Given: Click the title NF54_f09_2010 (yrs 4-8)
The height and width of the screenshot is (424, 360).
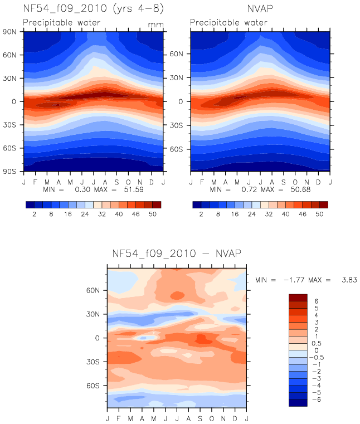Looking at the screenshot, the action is [x=93, y=9].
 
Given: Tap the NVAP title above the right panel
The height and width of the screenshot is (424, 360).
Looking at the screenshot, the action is [x=260, y=9].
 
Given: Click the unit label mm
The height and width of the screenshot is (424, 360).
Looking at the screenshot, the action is [x=155, y=25].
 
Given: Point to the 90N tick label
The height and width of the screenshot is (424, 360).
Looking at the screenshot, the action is [x=9, y=32].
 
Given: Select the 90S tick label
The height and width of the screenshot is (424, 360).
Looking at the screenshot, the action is [x=9, y=172].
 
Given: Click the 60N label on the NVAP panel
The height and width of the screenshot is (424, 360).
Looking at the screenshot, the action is [x=176, y=54].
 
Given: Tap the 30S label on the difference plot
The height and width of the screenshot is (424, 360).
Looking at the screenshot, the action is [x=93, y=362].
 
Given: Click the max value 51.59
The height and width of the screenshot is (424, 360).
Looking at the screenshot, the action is [x=134, y=189].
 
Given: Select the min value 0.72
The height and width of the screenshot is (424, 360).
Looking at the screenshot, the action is [x=249, y=189].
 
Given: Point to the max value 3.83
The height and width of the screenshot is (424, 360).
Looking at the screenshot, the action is [x=349, y=280].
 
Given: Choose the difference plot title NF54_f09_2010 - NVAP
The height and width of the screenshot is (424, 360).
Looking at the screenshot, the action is [x=177, y=254].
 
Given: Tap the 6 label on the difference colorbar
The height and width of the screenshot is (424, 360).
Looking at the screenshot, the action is [x=317, y=301].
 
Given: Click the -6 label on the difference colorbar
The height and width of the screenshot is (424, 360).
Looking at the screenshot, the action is [x=317, y=399].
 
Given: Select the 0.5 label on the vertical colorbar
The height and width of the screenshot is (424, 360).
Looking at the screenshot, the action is [x=317, y=343].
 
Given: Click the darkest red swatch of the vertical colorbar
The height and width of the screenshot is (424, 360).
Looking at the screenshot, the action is [x=298, y=298].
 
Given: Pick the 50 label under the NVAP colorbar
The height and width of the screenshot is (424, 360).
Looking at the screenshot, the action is [x=319, y=214].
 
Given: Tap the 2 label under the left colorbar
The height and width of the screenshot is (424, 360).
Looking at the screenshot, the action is [x=35, y=214].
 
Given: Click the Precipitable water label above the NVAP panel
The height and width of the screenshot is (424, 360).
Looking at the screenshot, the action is [x=228, y=22].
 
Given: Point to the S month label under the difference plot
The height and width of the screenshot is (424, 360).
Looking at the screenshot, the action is [x=200, y=418].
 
